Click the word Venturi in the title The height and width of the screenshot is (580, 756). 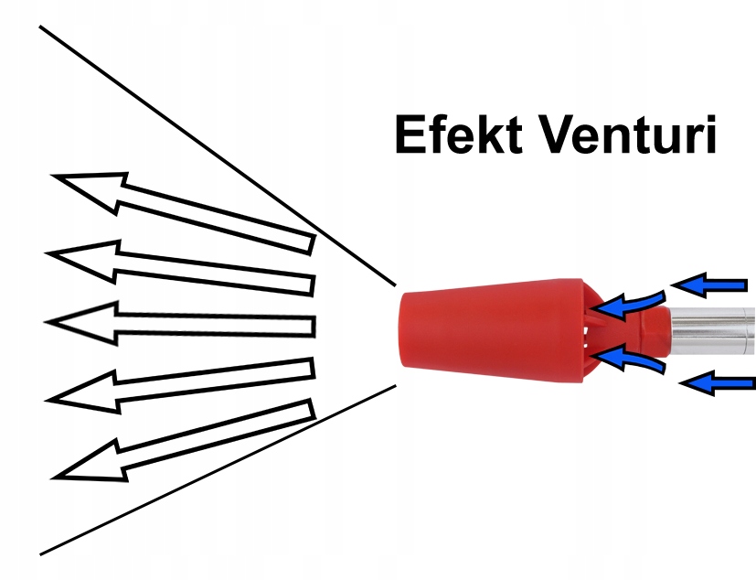628,136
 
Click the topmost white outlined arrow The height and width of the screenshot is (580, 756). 183,209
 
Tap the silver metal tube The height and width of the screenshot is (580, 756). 713,332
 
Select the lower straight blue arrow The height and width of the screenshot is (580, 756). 719,385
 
